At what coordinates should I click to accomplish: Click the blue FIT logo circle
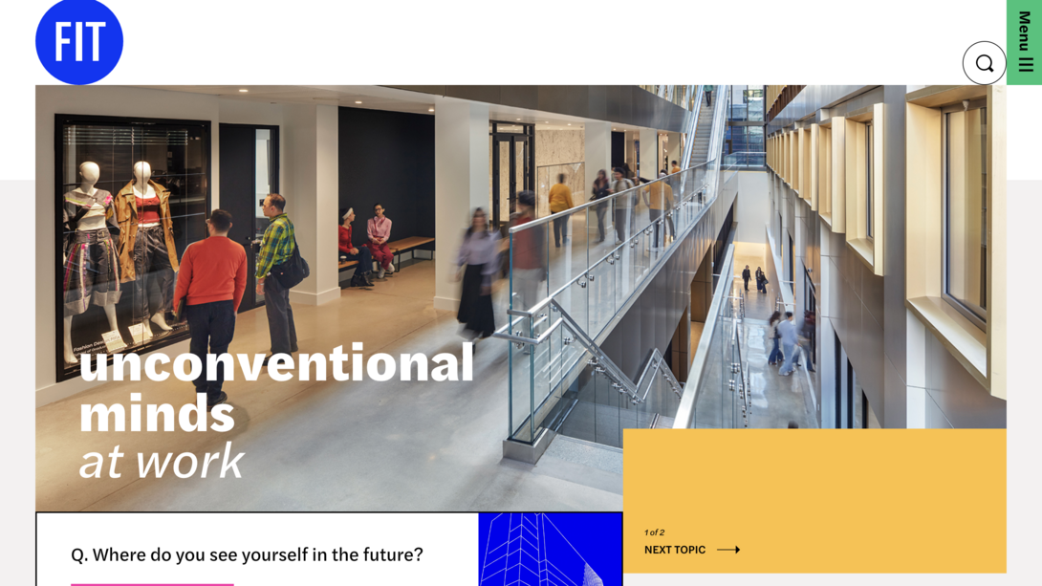(x=79, y=42)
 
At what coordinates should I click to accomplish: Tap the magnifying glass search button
(x=984, y=63)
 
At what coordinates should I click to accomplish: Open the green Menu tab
(x=1024, y=42)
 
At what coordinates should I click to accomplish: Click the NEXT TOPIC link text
(x=675, y=550)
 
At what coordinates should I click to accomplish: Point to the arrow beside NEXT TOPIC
(x=728, y=550)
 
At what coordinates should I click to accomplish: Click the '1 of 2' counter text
(x=655, y=532)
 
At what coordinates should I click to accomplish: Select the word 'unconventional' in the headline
(x=276, y=363)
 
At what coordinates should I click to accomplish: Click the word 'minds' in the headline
(x=157, y=412)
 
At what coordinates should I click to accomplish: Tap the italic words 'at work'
(x=162, y=461)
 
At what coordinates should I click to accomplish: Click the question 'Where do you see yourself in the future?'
(x=247, y=554)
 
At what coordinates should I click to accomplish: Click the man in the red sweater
(x=211, y=287)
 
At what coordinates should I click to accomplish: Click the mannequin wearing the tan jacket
(x=145, y=239)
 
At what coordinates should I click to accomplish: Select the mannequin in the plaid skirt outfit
(x=90, y=249)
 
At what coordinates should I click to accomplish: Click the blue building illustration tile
(x=550, y=550)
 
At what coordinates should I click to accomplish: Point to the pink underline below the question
(x=152, y=583)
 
